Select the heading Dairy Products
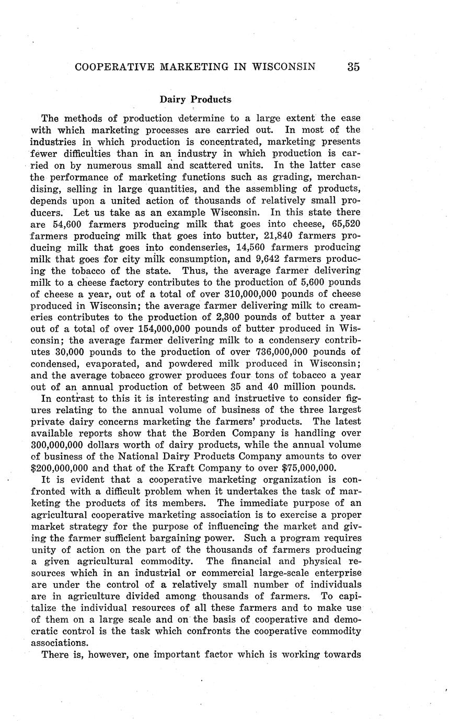[x=195, y=99]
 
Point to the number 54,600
[x=72, y=224]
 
